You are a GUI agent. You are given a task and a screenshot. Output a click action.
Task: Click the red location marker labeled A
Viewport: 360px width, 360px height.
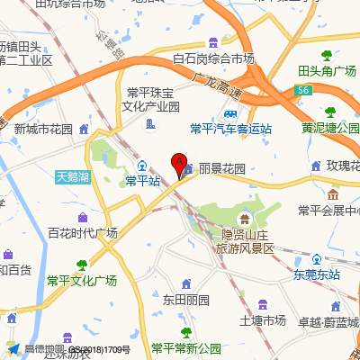178,165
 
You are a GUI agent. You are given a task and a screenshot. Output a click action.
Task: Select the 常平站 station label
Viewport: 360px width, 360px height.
142,181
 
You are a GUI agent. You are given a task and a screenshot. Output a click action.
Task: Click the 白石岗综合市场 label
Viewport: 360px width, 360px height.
213,58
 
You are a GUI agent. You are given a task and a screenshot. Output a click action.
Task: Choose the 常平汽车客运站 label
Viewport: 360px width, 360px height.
230,129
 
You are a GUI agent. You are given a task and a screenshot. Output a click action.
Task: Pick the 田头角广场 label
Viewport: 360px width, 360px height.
328,70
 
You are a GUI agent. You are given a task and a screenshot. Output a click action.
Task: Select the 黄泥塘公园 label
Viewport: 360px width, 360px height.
330,128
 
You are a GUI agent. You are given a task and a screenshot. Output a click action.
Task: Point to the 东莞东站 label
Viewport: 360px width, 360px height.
316,274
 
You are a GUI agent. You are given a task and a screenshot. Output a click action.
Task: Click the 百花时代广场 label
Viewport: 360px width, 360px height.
83,232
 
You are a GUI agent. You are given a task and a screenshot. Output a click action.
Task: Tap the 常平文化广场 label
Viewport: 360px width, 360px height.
82,280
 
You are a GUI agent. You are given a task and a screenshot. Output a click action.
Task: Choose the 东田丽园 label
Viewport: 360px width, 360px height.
185,298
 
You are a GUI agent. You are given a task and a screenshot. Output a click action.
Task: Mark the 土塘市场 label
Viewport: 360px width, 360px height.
263,319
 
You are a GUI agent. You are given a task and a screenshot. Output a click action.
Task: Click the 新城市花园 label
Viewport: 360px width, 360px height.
43,129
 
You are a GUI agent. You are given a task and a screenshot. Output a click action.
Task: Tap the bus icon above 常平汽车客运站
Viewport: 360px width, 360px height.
230,114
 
